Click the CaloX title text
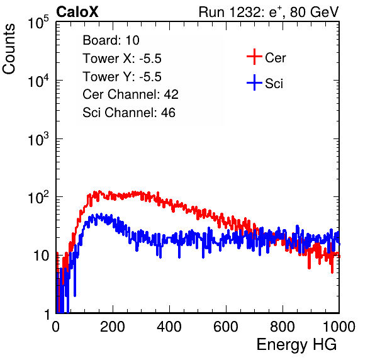click(x=77, y=12)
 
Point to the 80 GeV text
click(x=315, y=12)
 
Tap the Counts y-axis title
click(x=9, y=49)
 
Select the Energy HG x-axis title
click(x=296, y=345)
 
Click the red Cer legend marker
click(x=254, y=57)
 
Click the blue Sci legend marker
click(x=254, y=82)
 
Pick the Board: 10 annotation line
click(x=111, y=40)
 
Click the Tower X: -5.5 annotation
click(x=122, y=59)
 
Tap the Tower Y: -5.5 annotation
click(x=122, y=77)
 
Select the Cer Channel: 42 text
click(x=131, y=94)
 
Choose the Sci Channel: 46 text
click(x=129, y=113)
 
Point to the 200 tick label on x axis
click(x=113, y=327)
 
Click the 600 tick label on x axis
click(x=226, y=327)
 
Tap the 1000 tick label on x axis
click(x=339, y=327)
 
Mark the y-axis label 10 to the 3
click(x=38, y=139)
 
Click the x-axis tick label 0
click(x=56, y=327)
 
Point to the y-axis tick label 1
click(x=47, y=314)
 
